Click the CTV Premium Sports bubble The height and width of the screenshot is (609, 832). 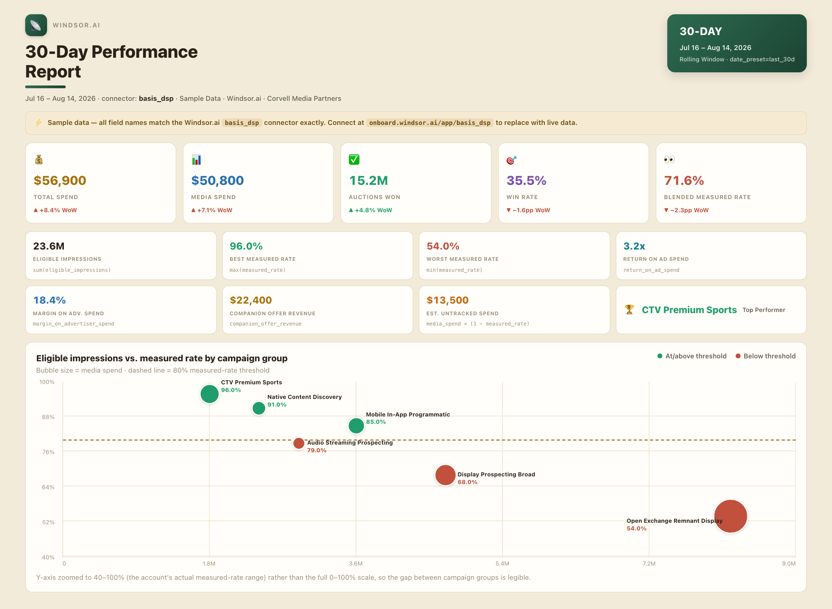pyautogui.click(x=209, y=394)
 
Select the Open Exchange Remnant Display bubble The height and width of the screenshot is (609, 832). pyautogui.click(x=731, y=516)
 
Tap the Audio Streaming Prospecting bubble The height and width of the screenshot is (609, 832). pyautogui.click(x=298, y=443)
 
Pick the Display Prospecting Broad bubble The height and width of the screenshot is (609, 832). pyautogui.click(x=445, y=475)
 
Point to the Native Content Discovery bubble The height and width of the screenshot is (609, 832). pyautogui.click(x=259, y=408)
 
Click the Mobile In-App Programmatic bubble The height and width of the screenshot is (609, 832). pyautogui.click(x=356, y=425)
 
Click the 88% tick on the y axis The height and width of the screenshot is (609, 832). pyautogui.click(x=48, y=417)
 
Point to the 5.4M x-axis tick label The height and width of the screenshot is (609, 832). pyautogui.click(x=502, y=563)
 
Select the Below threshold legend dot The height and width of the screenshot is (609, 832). pyautogui.click(x=738, y=356)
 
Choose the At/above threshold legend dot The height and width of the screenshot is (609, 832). pyautogui.click(x=660, y=356)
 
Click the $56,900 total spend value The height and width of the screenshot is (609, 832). pyautogui.click(x=59, y=180)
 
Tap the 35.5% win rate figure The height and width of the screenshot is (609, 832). pyautogui.click(x=526, y=180)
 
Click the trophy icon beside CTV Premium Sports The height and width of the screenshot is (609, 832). pyautogui.click(x=629, y=310)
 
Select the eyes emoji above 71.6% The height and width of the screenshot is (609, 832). pyautogui.click(x=669, y=159)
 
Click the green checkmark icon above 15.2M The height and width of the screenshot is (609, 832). pyautogui.click(x=354, y=159)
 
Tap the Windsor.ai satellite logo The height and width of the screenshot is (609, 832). pyautogui.click(x=36, y=25)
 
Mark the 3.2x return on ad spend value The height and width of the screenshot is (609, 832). pyautogui.click(x=634, y=246)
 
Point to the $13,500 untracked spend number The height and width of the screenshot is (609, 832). pyautogui.click(x=447, y=300)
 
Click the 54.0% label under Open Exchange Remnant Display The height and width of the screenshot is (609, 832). pyautogui.click(x=636, y=528)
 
